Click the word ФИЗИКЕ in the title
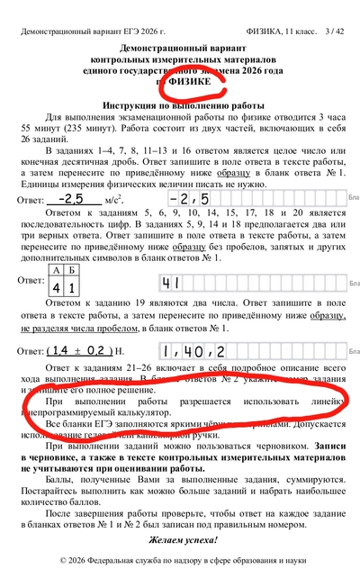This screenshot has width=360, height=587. [187, 83]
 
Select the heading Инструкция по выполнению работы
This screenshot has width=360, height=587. [179, 105]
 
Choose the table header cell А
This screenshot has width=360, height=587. [58, 271]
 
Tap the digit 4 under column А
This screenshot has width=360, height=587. [58, 288]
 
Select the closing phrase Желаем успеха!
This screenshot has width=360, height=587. [179, 539]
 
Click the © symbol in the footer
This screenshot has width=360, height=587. [63, 560]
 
